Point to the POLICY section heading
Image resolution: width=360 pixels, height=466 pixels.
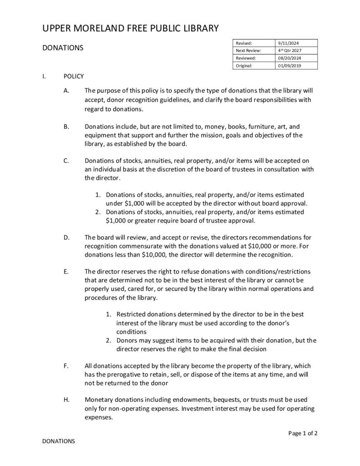(x=74, y=76)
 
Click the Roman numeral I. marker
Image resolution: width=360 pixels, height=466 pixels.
(x=44, y=76)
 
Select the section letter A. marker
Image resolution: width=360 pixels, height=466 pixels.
(x=66, y=91)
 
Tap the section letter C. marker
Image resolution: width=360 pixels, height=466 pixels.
(x=66, y=160)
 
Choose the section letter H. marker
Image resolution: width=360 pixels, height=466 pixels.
(x=66, y=399)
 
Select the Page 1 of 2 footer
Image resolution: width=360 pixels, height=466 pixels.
(x=303, y=433)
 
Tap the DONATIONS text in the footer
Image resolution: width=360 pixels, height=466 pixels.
(x=58, y=441)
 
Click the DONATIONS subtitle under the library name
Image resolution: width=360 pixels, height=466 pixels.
(x=62, y=48)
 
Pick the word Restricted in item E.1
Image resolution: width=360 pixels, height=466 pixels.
(x=132, y=314)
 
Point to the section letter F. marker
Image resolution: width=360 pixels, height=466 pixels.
(x=66, y=365)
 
